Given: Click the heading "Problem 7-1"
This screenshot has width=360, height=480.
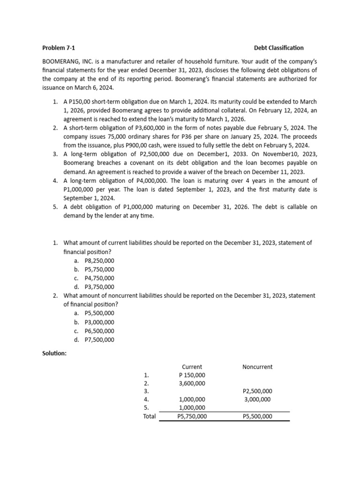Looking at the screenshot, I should tap(58, 48).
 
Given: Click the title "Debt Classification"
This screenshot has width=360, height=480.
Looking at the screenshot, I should tap(278, 48).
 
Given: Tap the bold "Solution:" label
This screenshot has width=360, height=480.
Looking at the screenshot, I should tap(54, 353).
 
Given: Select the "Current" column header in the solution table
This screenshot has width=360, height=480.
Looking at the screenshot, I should tap(192, 367).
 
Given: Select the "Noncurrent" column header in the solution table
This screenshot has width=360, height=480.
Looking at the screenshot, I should tap(257, 367).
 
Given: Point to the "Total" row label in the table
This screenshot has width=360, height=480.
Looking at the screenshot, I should tap(149, 416).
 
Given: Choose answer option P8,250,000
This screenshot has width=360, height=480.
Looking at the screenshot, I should tap(99, 261).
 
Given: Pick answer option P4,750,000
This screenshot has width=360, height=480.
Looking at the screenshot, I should tap(99, 278).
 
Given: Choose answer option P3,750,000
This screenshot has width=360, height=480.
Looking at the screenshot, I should tap(99, 287).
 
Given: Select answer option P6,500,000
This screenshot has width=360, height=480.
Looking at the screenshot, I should tap(99, 331).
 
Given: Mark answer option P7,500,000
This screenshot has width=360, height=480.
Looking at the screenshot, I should tap(99, 340).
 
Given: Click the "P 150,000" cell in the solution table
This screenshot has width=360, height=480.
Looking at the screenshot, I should tap(192, 375).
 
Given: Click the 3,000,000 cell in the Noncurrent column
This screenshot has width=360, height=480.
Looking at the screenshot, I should tap(257, 399).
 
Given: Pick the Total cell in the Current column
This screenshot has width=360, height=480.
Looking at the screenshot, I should tap(192, 416).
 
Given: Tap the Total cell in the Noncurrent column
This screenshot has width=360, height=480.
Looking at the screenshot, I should tap(257, 416).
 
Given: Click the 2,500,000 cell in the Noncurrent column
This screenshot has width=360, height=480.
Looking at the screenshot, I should tap(257, 391).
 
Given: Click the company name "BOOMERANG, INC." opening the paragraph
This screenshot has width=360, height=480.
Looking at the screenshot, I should tap(67, 61).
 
